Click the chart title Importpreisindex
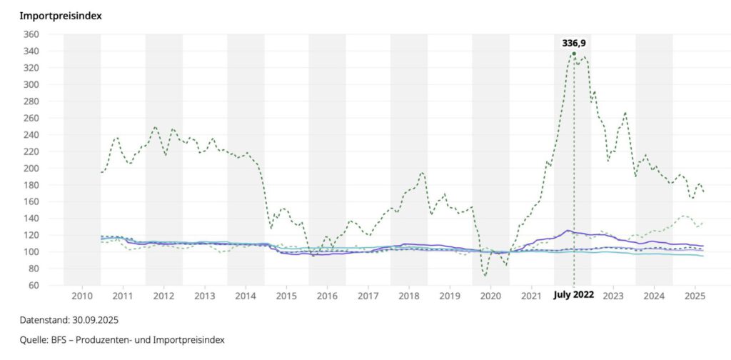[61, 15]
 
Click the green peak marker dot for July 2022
[574, 54]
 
